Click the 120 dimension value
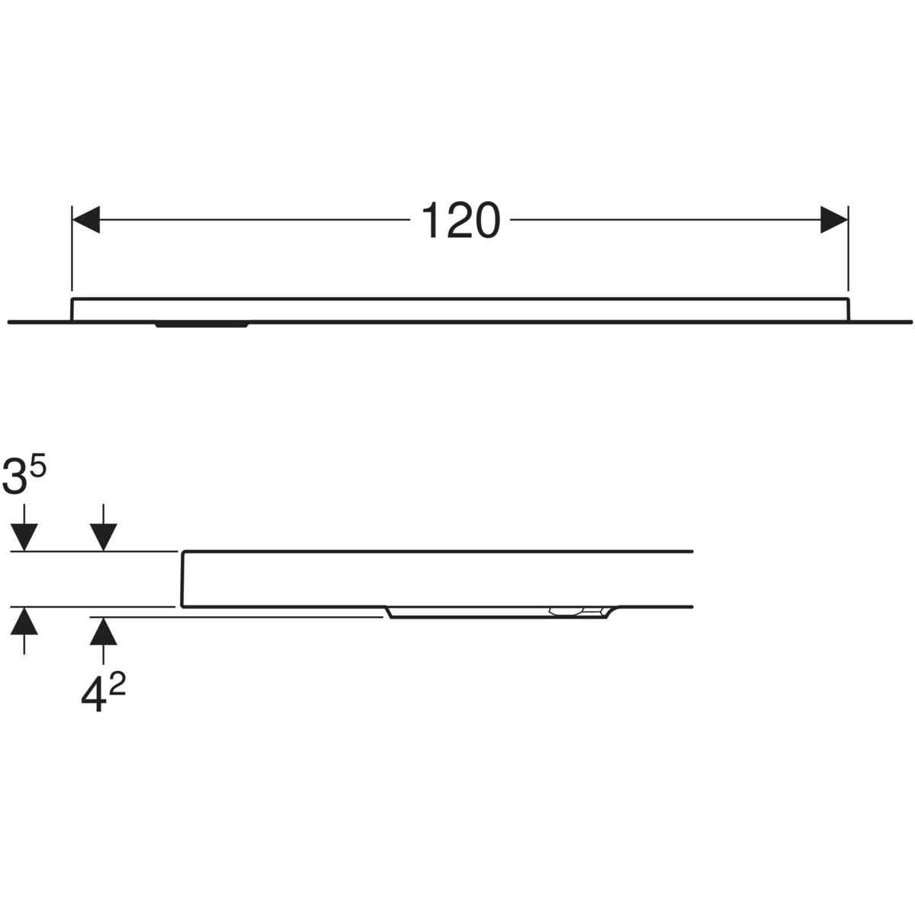[460, 220]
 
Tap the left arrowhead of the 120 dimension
[86, 220]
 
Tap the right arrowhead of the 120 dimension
[834, 220]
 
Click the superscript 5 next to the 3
[39, 467]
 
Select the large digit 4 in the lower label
[92, 697]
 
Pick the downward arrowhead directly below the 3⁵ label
[24, 538]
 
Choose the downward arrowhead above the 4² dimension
[104, 538]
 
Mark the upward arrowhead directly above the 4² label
[104, 631]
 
